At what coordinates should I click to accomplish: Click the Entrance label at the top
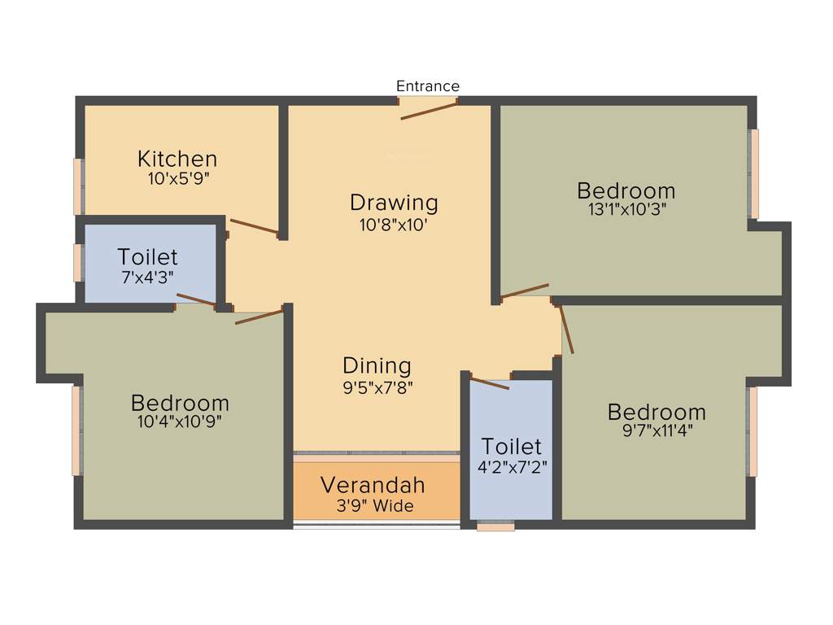pos(427,86)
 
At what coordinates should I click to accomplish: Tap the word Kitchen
pos(177,158)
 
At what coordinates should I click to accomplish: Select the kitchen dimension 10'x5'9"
pos(179,178)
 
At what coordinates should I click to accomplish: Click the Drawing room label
pos(394,202)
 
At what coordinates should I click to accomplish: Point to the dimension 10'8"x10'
pos(394,224)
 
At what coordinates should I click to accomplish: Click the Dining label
pos(377,365)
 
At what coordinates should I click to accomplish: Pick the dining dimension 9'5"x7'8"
pos(378,387)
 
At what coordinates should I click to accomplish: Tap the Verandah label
pos(373,486)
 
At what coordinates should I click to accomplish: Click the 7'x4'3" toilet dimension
pos(147,278)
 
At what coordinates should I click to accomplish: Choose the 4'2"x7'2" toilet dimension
pos(511,467)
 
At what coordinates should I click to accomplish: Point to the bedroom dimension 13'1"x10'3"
pos(626,210)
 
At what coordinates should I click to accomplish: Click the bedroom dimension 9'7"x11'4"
pos(656,431)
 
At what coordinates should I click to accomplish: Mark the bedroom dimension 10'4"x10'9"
pos(180,422)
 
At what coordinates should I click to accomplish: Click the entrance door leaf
pos(429,111)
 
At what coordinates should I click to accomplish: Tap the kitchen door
pos(255,227)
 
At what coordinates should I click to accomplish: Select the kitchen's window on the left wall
pos(79,186)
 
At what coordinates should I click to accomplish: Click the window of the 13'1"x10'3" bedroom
pos(754,173)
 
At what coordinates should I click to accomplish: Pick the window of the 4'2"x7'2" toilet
pos(495,527)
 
